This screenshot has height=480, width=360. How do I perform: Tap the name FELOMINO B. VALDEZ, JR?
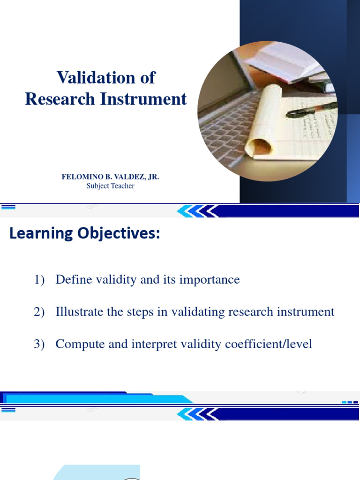click(x=110, y=177)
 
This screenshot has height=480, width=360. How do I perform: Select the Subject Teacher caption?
click(x=110, y=186)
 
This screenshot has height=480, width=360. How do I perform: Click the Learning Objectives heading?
click(x=84, y=233)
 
